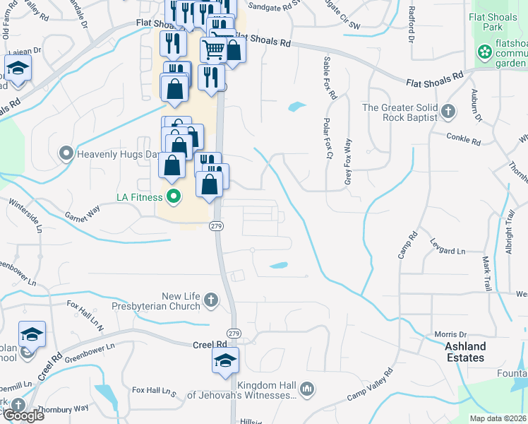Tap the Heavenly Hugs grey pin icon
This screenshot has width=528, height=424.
pos(66,153)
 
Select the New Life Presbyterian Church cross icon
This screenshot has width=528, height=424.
pos(210,302)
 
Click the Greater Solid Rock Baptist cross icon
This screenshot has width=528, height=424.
pos(449,110)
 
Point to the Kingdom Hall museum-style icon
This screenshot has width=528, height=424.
pos(307,388)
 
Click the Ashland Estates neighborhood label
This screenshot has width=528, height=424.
pos(465,352)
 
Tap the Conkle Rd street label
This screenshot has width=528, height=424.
pos(463,138)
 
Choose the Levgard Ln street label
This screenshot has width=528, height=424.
pos(448,247)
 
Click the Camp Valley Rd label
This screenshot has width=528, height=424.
pos(369,386)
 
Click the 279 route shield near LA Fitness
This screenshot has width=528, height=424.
pos(216,225)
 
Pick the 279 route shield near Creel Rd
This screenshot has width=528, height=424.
pos(234,333)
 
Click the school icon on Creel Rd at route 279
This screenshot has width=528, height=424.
pos(226,361)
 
